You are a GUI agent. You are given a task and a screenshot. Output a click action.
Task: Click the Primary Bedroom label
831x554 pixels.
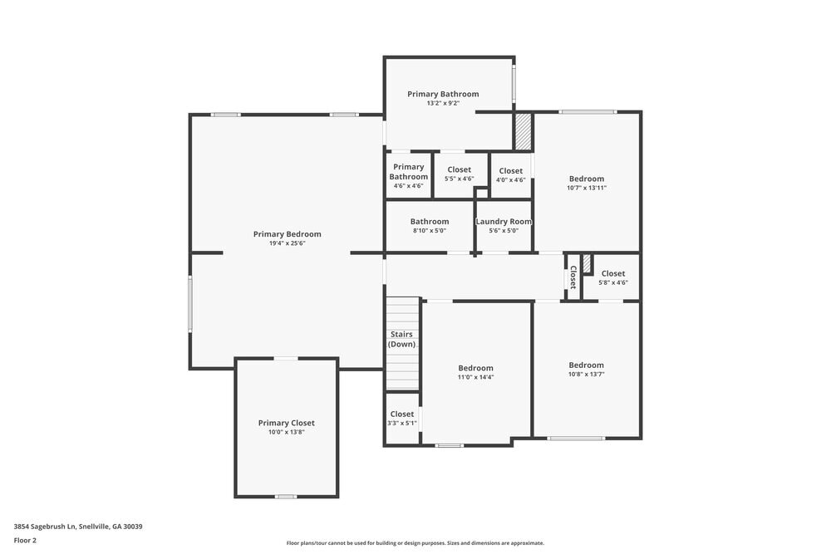287,234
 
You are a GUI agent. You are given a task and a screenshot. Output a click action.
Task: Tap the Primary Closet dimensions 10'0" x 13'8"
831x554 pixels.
286,432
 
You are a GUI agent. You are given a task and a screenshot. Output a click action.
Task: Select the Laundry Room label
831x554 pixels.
503,222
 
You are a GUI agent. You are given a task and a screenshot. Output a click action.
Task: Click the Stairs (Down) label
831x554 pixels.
401,339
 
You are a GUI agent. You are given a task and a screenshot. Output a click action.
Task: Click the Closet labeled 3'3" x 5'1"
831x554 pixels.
401,418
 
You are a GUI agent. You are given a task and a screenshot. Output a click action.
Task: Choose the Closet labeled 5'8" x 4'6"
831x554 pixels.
612,277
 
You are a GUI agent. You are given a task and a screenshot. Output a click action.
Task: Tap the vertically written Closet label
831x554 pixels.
573,277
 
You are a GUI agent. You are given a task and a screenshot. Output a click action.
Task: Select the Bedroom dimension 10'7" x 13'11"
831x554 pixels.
586,188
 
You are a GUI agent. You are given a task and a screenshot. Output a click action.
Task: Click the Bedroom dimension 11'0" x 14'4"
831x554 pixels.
475,377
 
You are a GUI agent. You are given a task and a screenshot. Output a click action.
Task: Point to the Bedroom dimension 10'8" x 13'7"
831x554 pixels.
586,374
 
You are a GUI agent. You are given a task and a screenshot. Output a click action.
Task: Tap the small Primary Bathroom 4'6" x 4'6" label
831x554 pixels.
408,176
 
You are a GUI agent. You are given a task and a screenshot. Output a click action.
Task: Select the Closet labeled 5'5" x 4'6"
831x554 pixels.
459,174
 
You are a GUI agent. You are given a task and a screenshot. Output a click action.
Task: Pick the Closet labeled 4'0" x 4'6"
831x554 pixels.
510,174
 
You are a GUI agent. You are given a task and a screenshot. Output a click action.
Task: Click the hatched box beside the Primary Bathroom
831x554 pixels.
523,132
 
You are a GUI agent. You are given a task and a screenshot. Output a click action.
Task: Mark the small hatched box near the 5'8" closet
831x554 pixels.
586,263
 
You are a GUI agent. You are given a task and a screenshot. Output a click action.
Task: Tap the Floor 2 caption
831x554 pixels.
25,540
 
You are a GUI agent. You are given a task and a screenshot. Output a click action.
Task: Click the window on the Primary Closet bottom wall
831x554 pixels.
286,497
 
